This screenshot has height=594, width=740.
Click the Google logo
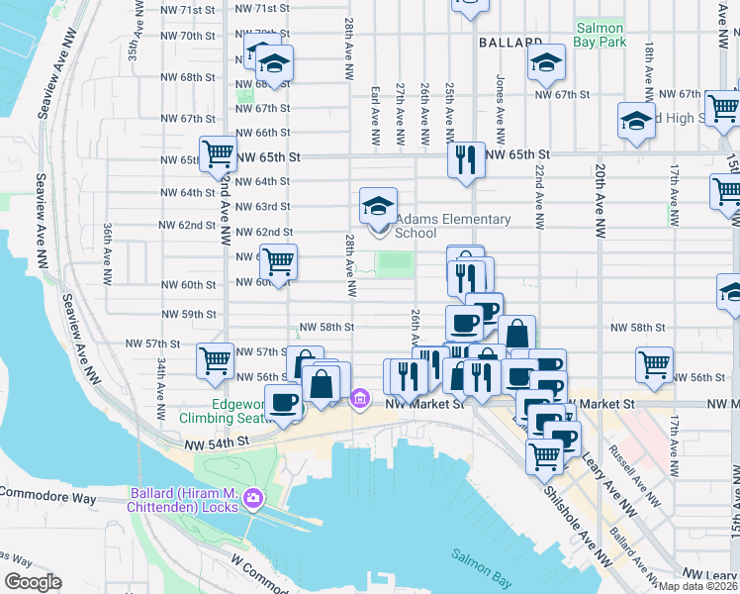pos(33,582)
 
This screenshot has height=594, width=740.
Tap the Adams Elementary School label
pos(452,227)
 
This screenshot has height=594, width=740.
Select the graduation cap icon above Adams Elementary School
pos(377,206)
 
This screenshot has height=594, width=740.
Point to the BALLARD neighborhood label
pos(510,43)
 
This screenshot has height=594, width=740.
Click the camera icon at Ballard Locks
pos(252,497)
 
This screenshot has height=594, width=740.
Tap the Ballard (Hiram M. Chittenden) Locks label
pos(188,494)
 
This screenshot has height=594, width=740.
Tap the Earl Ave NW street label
pos(376,109)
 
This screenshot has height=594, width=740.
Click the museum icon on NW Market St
pos(360,399)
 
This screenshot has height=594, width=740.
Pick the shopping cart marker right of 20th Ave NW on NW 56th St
pos(654,364)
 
